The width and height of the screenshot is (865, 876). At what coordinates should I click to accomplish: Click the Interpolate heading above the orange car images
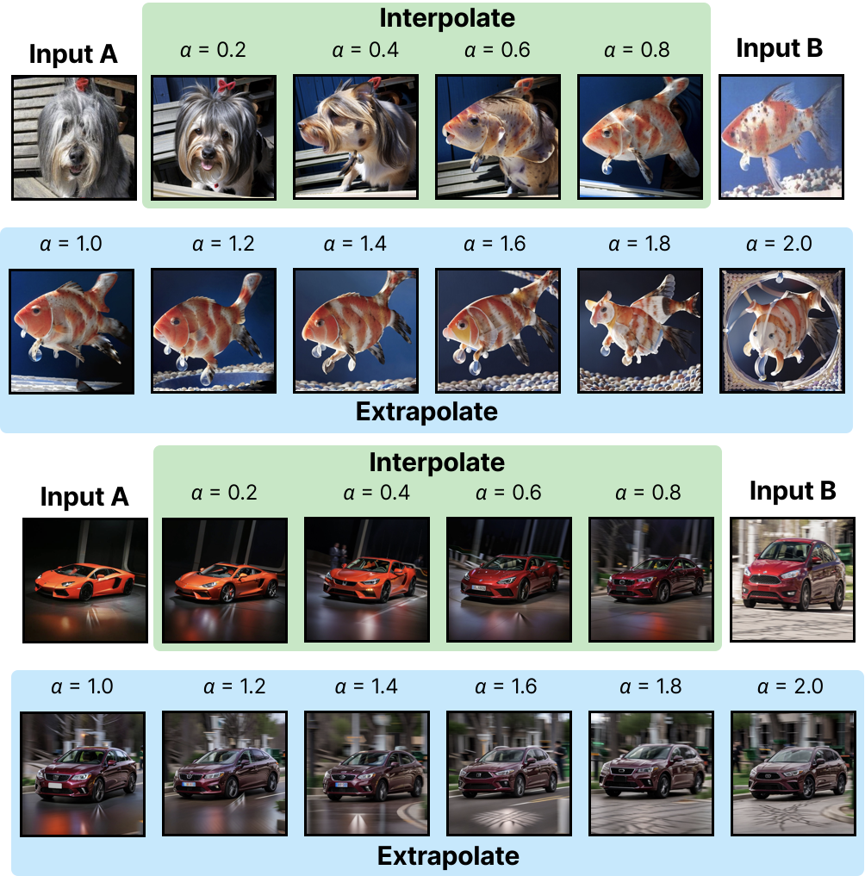pyautogui.click(x=437, y=463)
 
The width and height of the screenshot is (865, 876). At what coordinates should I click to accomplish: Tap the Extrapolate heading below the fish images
pyautogui.click(x=426, y=412)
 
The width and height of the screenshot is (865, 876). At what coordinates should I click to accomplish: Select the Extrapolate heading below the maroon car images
pyautogui.click(x=448, y=855)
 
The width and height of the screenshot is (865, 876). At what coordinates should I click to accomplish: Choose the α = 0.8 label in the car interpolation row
pyautogui.click(x=650, y=493)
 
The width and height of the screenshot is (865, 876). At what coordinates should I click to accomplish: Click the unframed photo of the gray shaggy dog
pyautogui.click(x=73, y=138)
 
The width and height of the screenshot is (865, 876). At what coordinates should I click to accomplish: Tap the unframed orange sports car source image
pyautogui.click(x=85, y=580)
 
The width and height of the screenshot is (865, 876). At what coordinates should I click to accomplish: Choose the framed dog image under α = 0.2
pyautogui.click(x=213, y=138)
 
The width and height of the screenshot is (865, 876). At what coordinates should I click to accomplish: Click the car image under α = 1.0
pyautogui.click(x=82, y=773)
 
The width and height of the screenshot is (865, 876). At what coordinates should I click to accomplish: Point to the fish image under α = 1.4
pyautogui.click(x=354, y=332)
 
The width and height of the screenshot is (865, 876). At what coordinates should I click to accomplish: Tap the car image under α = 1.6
pyautogui.click(x=508, y=773)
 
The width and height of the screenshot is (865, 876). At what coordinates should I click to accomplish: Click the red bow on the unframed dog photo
pyautogui.click(x=82, y=84)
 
